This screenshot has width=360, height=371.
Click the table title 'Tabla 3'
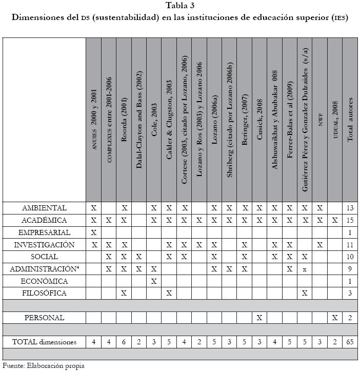(180, 6)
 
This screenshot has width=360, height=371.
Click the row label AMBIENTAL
(45, 208)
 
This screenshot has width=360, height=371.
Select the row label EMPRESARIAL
(45, 232)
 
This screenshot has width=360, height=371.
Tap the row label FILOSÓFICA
(45, 293)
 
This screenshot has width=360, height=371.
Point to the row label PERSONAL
(45, 318)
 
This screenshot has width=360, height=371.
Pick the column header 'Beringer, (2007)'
(245, 120)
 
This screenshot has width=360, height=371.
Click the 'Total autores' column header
(350, 120)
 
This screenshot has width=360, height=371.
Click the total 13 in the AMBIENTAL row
(350, 208)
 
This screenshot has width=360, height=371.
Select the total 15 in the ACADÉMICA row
(350, 220)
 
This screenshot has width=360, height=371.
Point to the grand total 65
(350, 342)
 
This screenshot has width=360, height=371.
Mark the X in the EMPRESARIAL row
(94, 232)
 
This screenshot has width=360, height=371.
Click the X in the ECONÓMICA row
(154, 281)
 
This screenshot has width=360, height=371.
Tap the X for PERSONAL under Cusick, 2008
(259, 318)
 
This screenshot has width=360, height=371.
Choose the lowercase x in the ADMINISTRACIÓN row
(305, 269)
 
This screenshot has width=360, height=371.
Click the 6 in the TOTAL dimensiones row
(124, 342)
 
